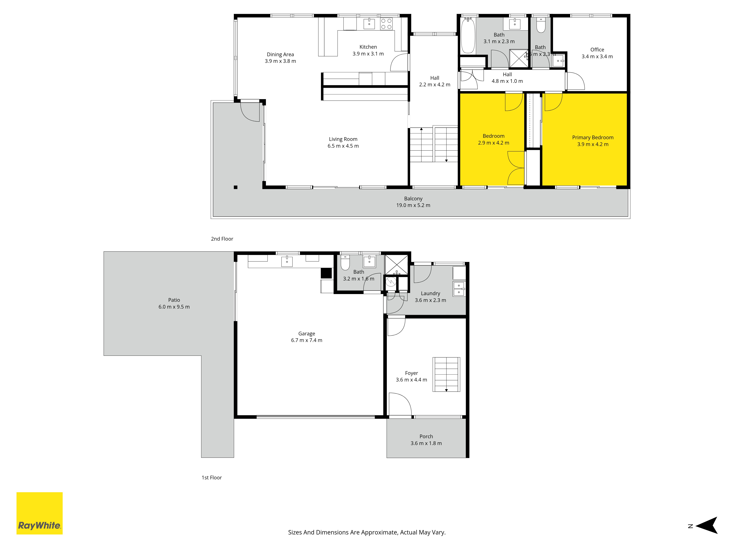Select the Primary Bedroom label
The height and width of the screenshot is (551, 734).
[593, 138]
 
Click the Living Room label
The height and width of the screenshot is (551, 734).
[343, 139]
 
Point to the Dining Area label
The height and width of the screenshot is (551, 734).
[280, 55]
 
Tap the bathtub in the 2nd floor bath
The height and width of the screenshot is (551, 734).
[468, 35]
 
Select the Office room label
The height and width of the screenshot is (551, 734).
[597, 50]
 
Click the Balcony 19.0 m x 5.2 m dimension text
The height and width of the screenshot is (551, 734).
[413, 205]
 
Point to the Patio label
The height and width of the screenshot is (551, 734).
[174, 300]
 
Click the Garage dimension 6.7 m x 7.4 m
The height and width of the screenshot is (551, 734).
[307, 340]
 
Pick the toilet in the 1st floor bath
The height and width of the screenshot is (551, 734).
[345, 262]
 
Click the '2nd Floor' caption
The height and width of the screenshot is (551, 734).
[222, 239]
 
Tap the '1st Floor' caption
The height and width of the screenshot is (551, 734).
[212, 478]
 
